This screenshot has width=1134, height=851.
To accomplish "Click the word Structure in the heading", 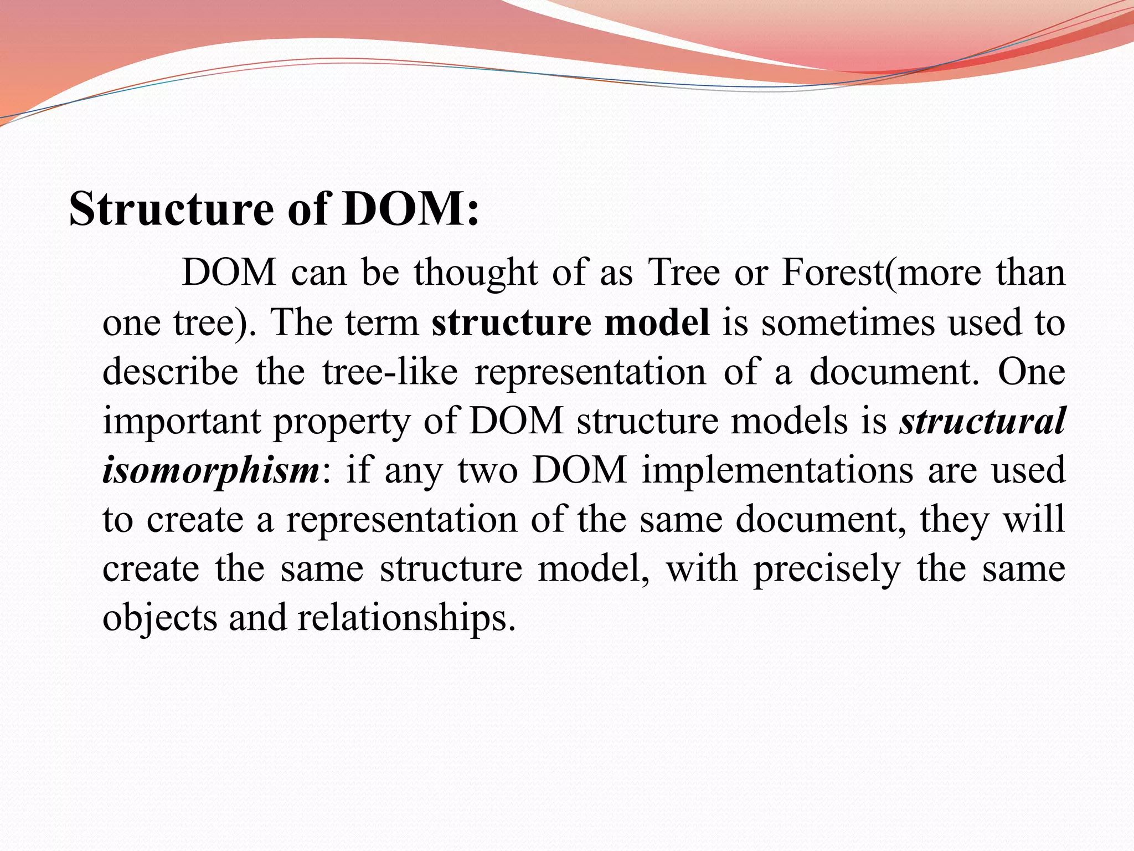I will click(x=171, y=210).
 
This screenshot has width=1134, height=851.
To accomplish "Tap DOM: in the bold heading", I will click(x=410, y=210).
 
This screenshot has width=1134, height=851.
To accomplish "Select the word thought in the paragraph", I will click(x=475, y=274).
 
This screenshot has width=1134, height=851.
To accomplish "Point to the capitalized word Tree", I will click(x=684, y=273).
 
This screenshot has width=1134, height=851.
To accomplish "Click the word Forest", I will click(x=833, y=273).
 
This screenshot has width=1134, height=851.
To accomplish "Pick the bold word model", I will click(x=657, y=322).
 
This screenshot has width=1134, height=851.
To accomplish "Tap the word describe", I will click(x=170, y=372).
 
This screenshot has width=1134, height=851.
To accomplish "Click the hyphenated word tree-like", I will click(x=390, y=372).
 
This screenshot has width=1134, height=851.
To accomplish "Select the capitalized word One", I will click(x=1031, y=372).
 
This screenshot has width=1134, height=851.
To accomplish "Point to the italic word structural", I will click(x=982, y=421).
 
